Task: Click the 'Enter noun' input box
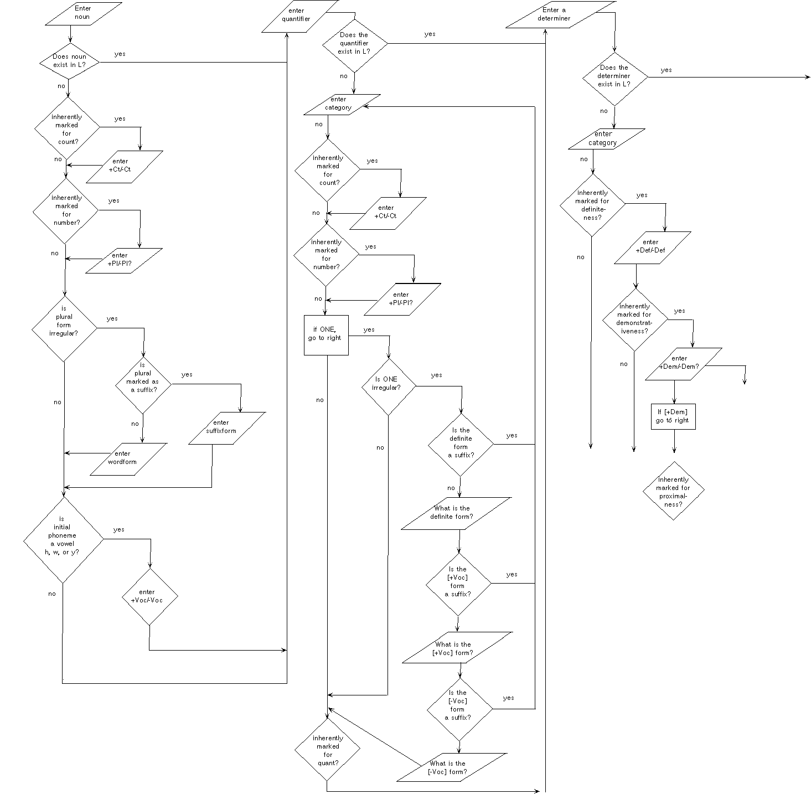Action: [x=82, y=13]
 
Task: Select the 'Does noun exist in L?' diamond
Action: [x=69, y=61]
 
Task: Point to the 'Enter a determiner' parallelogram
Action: [x=560, y=14]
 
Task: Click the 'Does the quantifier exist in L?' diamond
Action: [x=354, y=43]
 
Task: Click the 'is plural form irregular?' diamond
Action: [x=64, y=329]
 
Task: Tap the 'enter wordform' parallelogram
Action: [x=128, y=458]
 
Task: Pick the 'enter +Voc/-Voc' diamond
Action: [x=149, y=597]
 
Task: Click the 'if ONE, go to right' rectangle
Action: [x=326, y=334]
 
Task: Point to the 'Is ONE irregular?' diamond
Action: [x=389, y=385]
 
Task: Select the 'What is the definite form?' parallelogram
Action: [x=455, y=513]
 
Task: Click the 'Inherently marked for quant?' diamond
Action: [x=327, y=750]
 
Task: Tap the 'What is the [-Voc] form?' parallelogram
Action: [x=451, y=767]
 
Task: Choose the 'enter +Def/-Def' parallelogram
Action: [x=652, y=247]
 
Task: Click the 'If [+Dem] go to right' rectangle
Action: [x=673, y=416]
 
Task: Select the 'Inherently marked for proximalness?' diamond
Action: [x=673, y=491]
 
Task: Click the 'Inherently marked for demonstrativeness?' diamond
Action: [x=634, y=319]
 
